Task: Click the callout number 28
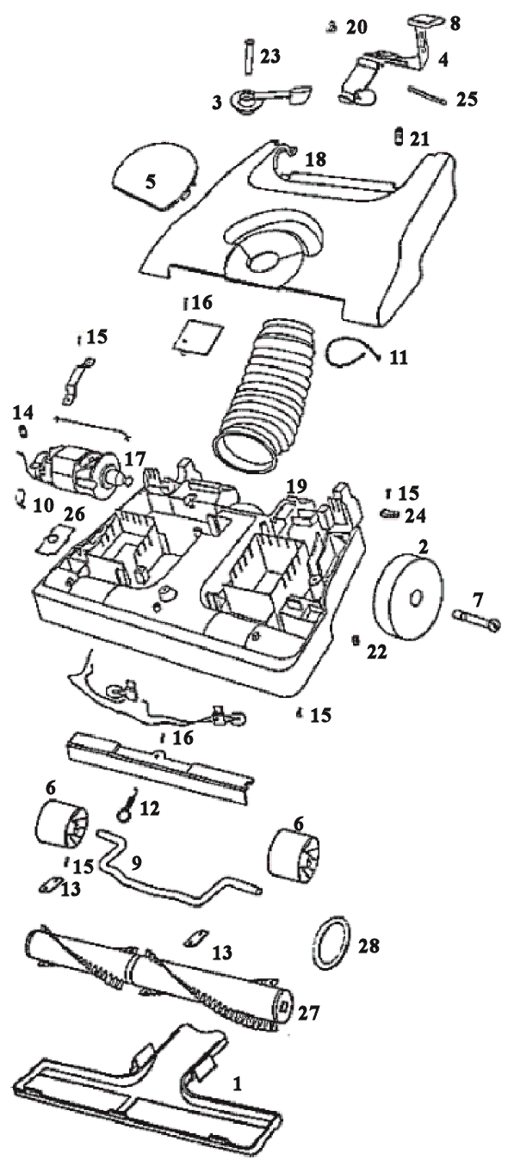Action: (x=369, y=945)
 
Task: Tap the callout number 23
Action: (x=269, y=56)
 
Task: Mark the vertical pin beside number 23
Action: (x=248, y=57)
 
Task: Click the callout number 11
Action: (x=399, y=357)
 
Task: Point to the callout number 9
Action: (x=137, y=862)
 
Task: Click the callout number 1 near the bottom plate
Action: (x=237, y=1083)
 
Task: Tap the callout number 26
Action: (x=74, y=515)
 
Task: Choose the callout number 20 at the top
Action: (x=356, y=27)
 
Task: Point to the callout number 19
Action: (x=296, y=487)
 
